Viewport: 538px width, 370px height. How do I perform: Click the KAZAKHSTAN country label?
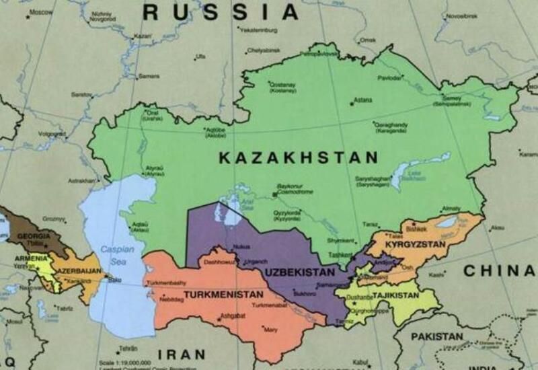coord(298,158)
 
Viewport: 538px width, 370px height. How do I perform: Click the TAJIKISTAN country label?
coord(392,297)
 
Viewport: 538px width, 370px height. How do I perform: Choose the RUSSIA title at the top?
coord(221,11)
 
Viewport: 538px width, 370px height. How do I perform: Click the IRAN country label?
coord(182,355)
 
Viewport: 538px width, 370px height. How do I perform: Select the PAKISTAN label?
coord(437,336)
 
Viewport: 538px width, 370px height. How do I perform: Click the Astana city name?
coord(362,100)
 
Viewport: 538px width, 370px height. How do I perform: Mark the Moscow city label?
coord(41,12)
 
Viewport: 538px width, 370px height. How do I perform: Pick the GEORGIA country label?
coord(34,237)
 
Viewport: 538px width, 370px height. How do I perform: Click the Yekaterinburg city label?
coord(259,30)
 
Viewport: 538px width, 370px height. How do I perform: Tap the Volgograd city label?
coord(52,134)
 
